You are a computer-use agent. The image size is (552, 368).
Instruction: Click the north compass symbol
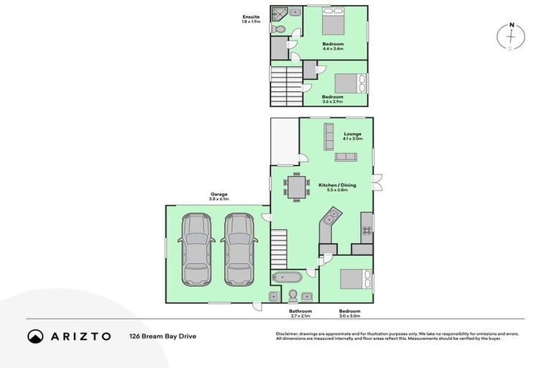point(512,37)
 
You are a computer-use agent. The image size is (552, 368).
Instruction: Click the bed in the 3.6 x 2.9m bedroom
point(351,83)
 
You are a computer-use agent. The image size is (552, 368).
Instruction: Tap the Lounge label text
point(352,134)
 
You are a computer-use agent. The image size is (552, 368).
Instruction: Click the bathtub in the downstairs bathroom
point(287,277)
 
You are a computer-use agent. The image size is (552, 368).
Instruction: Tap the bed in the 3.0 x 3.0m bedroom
point(354,278)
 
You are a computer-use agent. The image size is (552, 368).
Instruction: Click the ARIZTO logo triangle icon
point(35,336)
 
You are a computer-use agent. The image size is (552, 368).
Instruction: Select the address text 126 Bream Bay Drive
point(162,336)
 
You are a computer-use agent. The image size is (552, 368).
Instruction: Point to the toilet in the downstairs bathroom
point(292,296)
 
